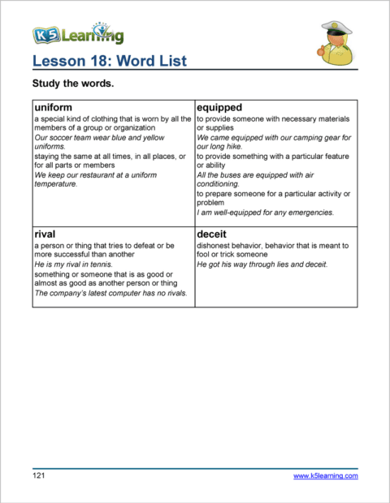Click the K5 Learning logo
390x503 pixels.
click(78, 33)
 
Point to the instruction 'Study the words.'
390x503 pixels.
click(73, 84)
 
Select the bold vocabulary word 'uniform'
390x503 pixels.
click(54, 107)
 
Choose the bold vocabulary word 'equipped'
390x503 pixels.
click(219, 107)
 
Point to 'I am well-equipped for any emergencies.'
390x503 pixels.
click(265, 213)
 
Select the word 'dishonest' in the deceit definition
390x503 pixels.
click(214, 245)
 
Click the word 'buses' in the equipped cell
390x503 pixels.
click(230, 174)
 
